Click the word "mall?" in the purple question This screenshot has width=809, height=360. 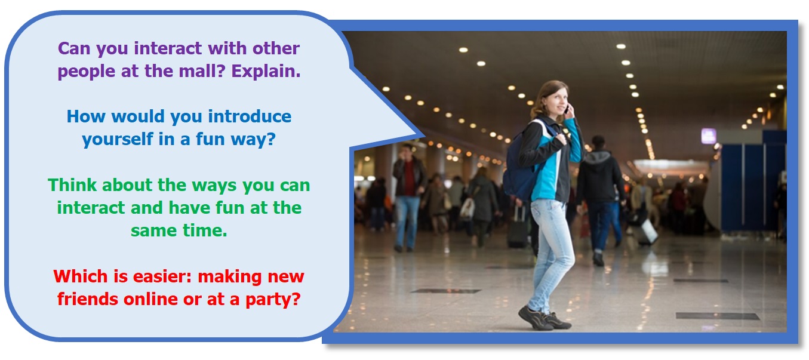(x=202, y=71)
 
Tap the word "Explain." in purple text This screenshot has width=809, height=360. (x=266, y=71)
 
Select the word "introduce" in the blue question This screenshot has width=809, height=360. (x=250, y=116)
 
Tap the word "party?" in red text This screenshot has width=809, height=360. (x=273, y=300)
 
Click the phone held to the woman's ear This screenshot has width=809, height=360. (x=567, y=109)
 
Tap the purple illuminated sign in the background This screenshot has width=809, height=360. (x=709, y=136)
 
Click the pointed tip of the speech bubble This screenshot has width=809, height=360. (x=424, y=137)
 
